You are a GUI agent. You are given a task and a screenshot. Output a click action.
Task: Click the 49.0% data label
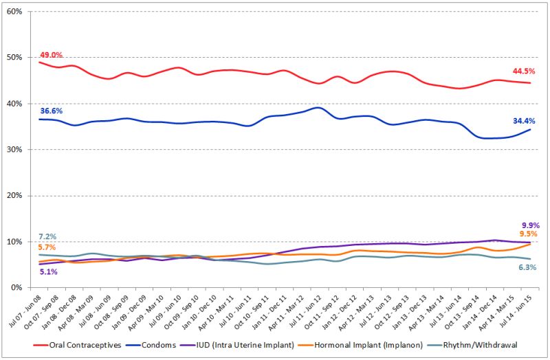pos(51,55)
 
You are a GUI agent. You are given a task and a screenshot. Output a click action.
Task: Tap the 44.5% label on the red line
pos(523,71)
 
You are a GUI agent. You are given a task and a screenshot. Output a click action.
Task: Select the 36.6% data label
pos(51,110)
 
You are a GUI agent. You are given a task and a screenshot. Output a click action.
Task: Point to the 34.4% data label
pos(523,121)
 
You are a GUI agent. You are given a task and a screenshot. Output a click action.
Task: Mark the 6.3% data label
pos(527,267)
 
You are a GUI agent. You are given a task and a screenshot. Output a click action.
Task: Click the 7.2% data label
pos(47,238)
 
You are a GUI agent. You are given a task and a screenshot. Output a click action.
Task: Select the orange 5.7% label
pos(47,247)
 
